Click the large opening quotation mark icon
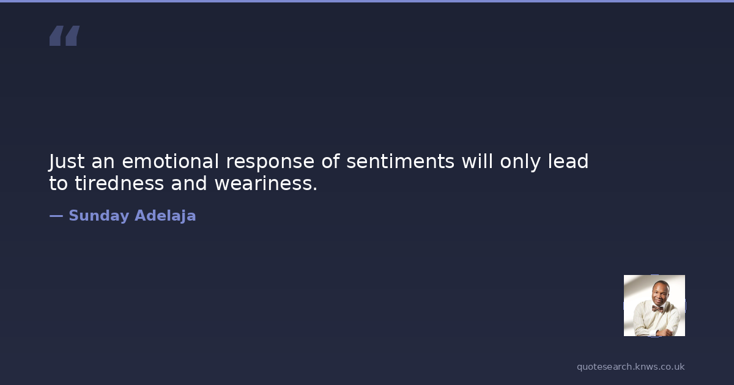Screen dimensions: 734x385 tap(65, 35)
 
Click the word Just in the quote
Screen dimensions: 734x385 tap(67, 162)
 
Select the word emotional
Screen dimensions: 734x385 tap(170, 161)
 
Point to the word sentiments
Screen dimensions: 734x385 tap(401, 162)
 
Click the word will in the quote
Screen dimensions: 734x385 tap(477, 161)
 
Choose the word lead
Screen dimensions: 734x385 tap(568, 161)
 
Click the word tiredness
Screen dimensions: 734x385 tap(119, 183)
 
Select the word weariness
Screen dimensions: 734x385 tap(266, 183)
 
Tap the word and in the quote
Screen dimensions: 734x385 tap(189, 183)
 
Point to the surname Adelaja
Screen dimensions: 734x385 tap(165, 216)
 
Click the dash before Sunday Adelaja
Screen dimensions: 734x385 tap(56, 216)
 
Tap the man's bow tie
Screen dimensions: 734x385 tap(658, 309)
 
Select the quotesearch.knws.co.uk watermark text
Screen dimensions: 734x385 tap(631, 367)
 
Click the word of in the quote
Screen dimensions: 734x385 tap(330, 161)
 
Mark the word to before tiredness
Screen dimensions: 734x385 tap(58, 183)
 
